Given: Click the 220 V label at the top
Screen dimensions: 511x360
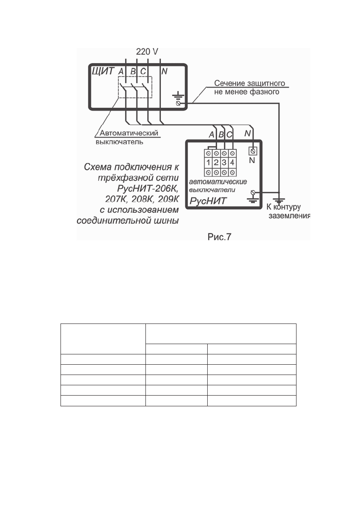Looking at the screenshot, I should click(x=147, y=52).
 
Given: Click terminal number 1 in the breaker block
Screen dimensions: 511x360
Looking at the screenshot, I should click(x=208, y=163).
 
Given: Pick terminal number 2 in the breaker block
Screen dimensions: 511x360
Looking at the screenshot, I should click(x=216, y=163).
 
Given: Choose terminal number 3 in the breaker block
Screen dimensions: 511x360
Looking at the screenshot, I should click(x=224, y=163).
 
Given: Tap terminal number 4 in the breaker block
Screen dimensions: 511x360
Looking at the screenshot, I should click(x=232, y=163).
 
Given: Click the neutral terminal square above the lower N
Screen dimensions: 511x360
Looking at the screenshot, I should click(x=253, y=151).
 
